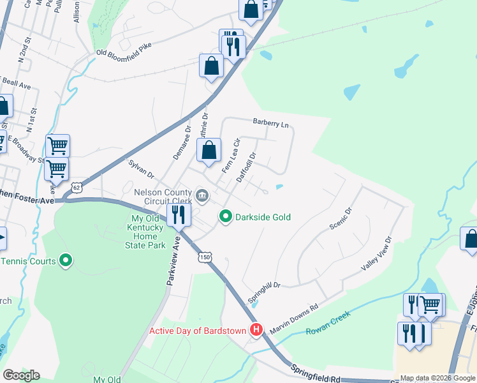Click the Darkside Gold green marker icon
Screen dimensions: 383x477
point(225,217)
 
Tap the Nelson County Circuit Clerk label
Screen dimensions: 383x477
point(163,197)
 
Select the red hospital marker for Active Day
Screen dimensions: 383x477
point(256,330)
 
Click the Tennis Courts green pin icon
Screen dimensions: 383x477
point(64,260)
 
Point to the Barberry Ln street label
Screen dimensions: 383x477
point(270,122)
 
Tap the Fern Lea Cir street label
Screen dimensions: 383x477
point(230,155)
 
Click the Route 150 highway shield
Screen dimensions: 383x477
point(204,257)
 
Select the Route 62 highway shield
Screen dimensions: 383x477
point(77,188)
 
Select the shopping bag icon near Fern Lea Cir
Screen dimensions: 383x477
point(209,151)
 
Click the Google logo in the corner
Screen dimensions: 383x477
point(21,375)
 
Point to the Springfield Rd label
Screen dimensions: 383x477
point(316,374)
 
